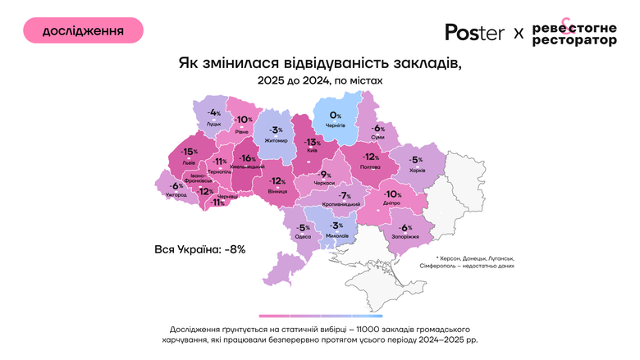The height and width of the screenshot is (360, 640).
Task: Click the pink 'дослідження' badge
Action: tap(83, 30)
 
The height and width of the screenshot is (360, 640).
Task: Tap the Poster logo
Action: tap(474, 32)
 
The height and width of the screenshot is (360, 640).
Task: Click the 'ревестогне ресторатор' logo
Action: tap(574, 32)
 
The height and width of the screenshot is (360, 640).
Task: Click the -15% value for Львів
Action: tap(190, 152)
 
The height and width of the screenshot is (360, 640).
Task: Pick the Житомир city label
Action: tap(276, 141)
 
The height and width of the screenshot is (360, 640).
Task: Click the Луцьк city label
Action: tap(214, 123)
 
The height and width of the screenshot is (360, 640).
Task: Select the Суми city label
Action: tap(377, 137)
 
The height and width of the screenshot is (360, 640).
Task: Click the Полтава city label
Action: tap(371, 166)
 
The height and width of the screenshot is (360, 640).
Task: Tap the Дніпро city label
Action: tap(392, 203)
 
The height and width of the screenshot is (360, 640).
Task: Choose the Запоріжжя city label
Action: tap(405, 236)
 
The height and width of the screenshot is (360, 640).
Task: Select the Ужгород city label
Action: tap(176, 195)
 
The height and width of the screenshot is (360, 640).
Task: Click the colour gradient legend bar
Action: tap(315, 315)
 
